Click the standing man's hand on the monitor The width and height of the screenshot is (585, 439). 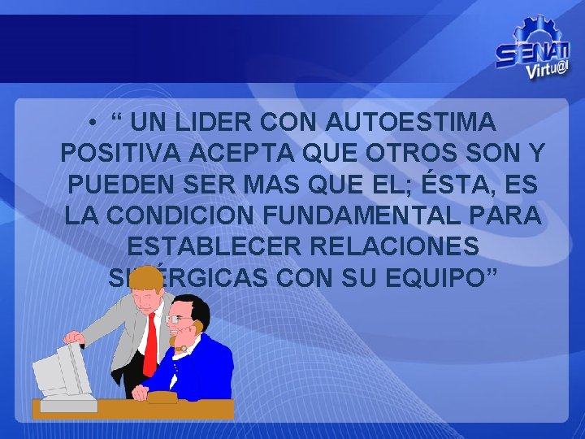click(x=75, y=337)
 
